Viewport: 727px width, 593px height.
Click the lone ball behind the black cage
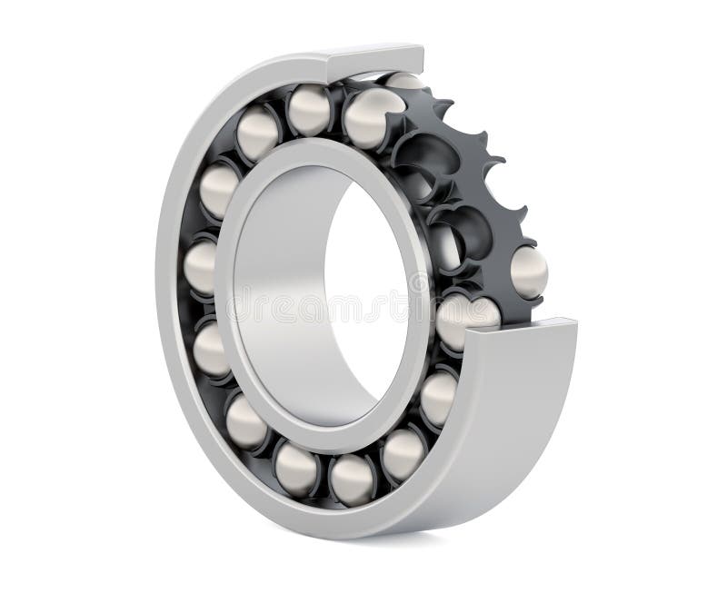pos(529,272)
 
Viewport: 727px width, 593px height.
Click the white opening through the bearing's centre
pos(363,300)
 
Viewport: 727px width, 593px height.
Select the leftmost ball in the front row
pos(201,267)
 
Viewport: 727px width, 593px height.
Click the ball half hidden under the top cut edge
pos(403,82)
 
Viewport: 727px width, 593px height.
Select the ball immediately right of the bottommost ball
pos(403,452)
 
